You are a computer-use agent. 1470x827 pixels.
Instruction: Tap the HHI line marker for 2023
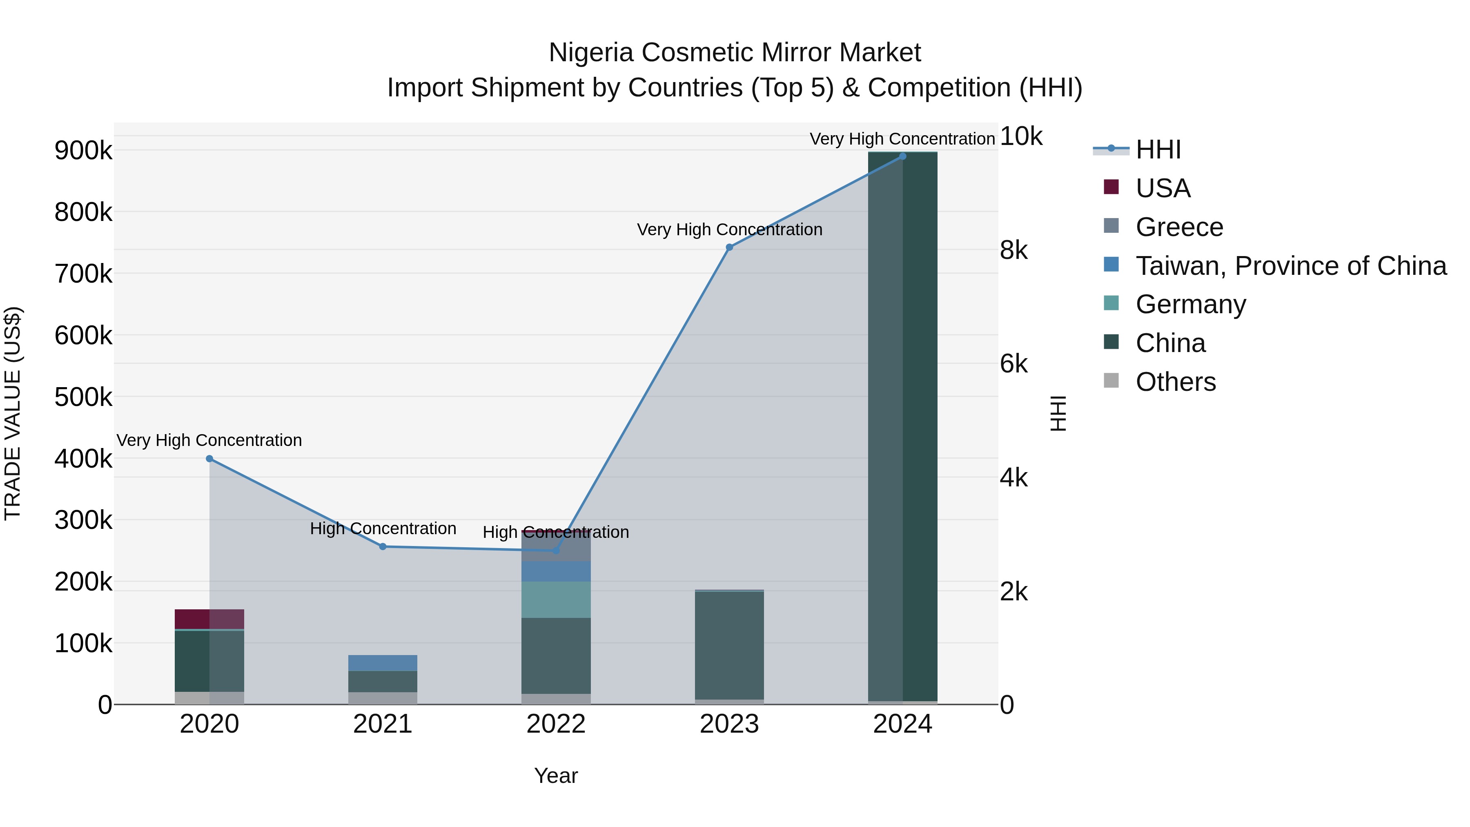coord(729,247)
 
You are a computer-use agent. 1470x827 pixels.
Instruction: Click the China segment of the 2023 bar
coord(729,645)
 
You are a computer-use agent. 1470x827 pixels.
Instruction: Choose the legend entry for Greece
coord(1179,227)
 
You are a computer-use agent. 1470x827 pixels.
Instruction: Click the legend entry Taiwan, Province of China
coord(1291,266)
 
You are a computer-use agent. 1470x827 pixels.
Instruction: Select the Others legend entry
coord(1176,382)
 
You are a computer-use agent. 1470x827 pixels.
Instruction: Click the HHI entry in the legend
coord(1158,149)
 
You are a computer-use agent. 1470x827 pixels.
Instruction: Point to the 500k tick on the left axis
coord(83,397)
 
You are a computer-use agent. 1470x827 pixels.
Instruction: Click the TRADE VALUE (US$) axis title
coord(13,413)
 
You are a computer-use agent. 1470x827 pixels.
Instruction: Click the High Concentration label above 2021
coord(383,528)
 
